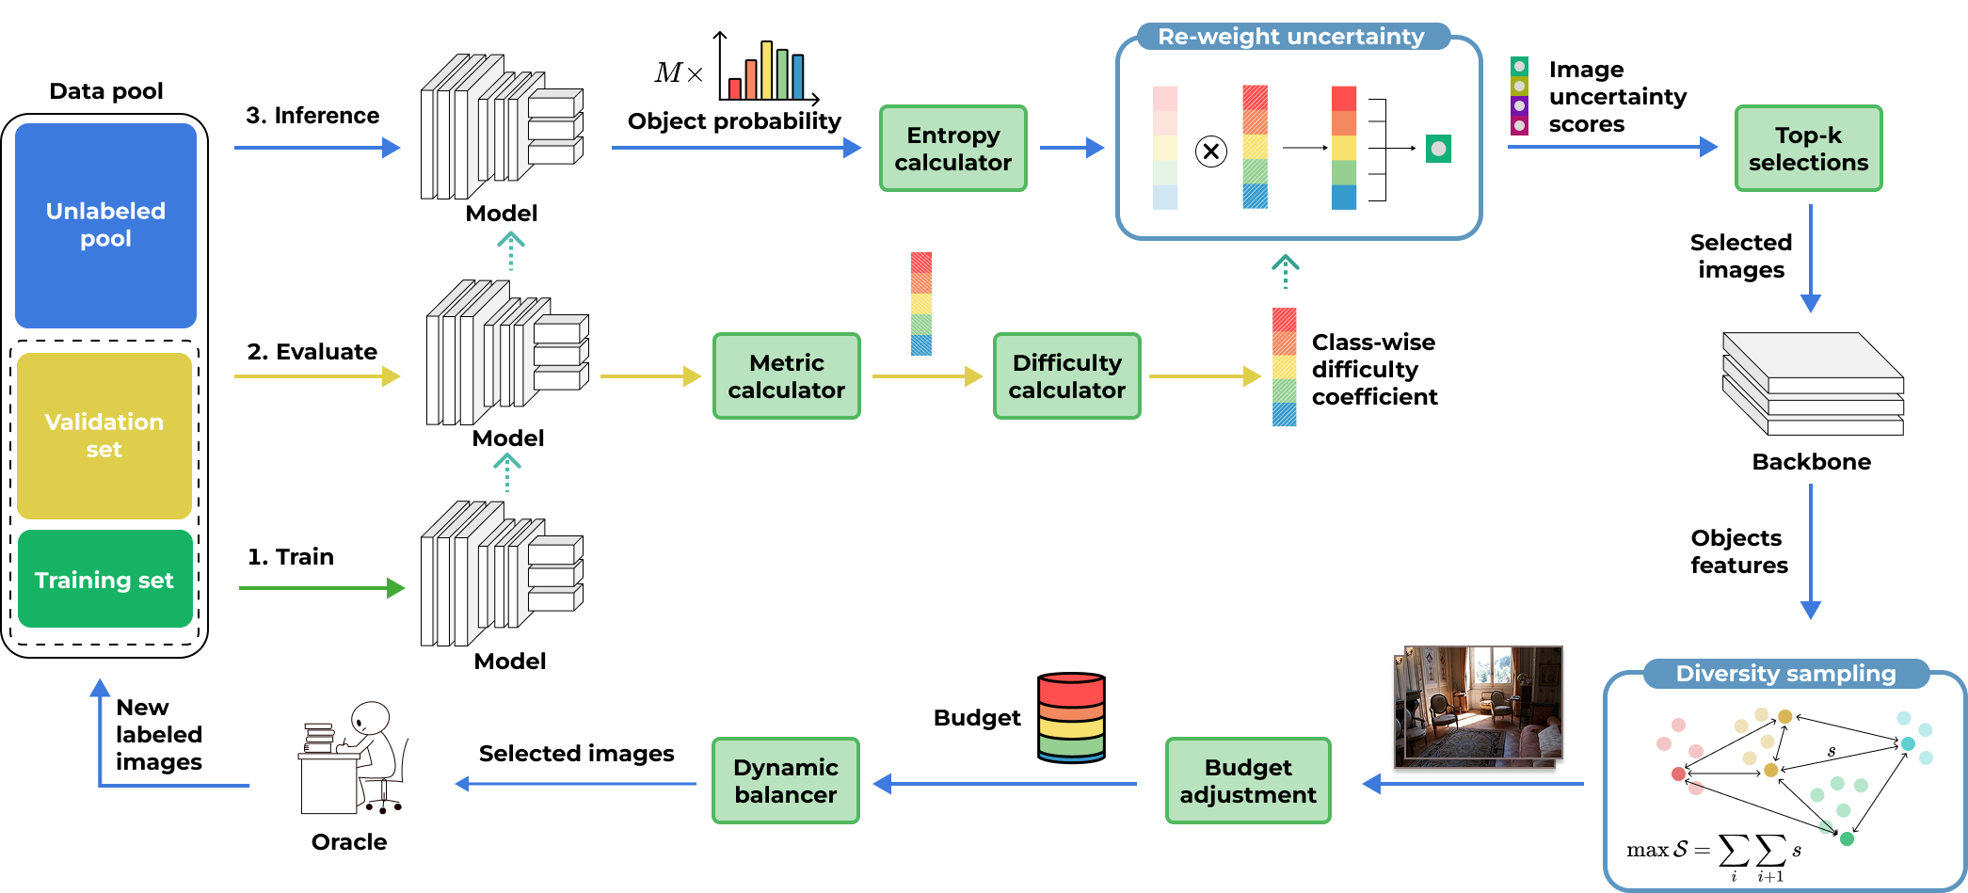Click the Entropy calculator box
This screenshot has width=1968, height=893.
952,149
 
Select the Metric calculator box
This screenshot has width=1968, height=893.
786,376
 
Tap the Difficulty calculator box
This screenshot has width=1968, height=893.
1066,376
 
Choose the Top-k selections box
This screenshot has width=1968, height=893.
1808,149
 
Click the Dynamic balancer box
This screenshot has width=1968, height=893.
785,781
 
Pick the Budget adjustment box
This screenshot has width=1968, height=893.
1248,781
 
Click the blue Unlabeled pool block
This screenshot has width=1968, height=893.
105,225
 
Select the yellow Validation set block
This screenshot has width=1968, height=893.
104,436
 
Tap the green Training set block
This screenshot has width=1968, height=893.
104,580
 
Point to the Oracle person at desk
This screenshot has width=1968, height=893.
353,758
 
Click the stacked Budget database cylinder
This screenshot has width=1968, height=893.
1071,718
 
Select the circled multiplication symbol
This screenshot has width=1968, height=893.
1211,151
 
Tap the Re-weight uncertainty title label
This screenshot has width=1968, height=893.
1290,37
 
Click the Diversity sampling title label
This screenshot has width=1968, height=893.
1785,674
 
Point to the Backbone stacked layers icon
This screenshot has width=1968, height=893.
1813,384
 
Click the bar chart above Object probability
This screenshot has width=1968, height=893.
767,70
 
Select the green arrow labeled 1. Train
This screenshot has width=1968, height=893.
321,588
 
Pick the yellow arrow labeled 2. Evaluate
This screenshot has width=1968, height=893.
316,376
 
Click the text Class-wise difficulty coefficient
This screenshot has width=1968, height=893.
1374,370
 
